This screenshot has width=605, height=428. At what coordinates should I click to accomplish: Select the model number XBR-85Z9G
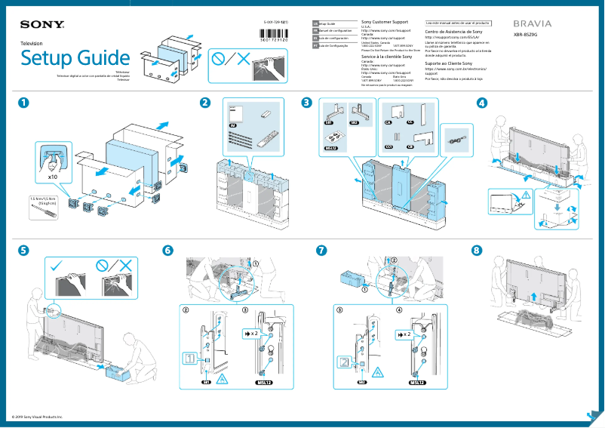[527, 35]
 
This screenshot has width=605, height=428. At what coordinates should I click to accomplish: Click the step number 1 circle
[26, 103]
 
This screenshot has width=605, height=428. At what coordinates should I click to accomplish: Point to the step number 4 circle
[482, 103]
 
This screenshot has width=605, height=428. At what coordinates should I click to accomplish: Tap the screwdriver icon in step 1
[40, 213]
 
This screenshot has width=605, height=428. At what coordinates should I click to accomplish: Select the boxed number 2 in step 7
[344, 362]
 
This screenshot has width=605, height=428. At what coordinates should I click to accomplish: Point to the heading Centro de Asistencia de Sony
[456, 32]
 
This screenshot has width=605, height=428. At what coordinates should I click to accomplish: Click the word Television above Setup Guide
[32, 44]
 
